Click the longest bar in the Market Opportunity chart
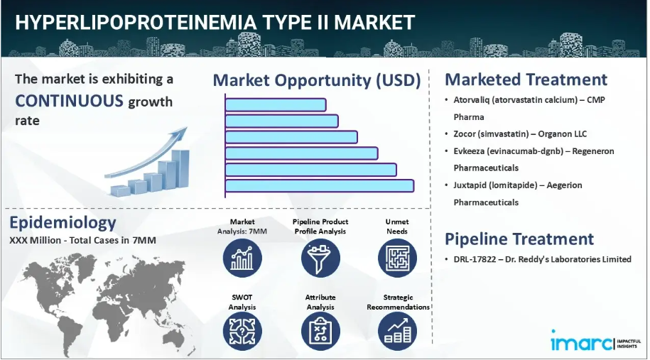point(320,185)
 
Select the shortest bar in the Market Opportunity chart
point(276,105)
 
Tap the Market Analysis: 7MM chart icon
point(242,258)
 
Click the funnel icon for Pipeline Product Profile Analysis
point(320,258)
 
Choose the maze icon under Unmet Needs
point(397,258)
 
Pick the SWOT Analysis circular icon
point(242,332)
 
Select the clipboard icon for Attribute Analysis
point(320,332)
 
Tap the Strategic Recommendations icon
point(397,332)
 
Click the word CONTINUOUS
point(69,101)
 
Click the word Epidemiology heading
point(63,222)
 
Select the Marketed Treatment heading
point(526,79)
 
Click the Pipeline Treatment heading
point(519,239)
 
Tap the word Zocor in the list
point(464,133)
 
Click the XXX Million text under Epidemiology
point(36,240)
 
